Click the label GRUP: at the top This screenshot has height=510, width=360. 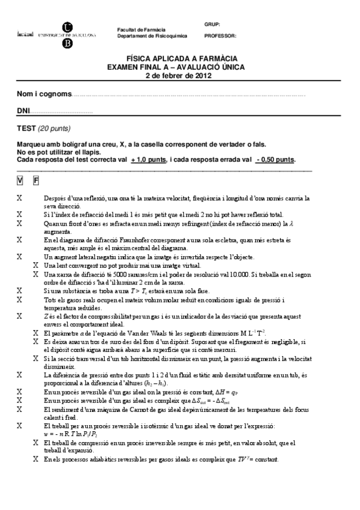coord(212,24)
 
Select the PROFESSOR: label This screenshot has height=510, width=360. coord(221,35)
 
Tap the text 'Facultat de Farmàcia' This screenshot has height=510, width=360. coord(141,29)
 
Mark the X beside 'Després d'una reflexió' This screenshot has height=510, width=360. coord(20,197)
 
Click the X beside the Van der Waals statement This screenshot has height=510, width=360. coord(35,333)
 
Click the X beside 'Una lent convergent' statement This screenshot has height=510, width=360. coord(35,265)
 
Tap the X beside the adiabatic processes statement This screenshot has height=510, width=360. coord(35,459)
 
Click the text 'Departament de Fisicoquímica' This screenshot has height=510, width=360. coord(151,35)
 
